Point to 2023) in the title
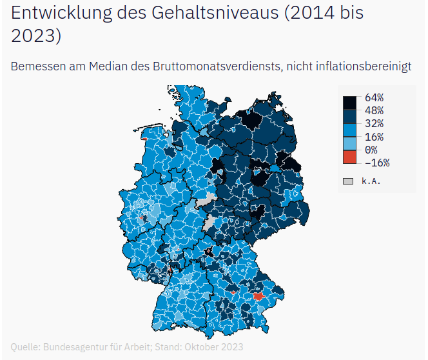pos(36,37)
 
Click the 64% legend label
pos(374,98)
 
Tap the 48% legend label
pos(374,110)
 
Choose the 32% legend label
pos(374,123)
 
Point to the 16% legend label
pos(374,137)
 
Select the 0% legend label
pos(371,150)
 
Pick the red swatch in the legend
pos(349,157)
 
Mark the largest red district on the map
pos(258,296)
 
